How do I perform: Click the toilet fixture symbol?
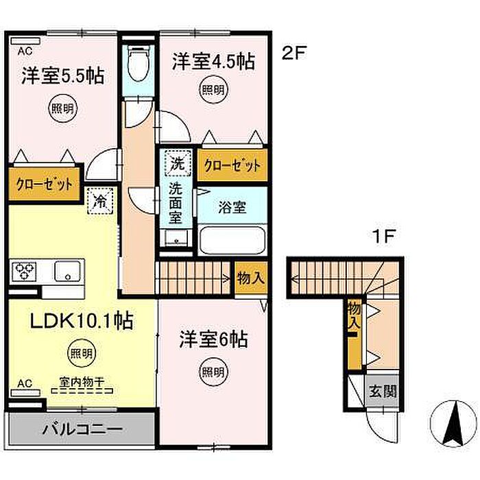point(139,63)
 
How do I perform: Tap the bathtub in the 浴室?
point(232,240)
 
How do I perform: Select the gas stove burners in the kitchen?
point(24,272)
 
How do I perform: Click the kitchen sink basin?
point(67,272)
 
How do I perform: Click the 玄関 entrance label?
point(383,392)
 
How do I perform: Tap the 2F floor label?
point(294,53)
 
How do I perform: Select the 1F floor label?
point(383,237)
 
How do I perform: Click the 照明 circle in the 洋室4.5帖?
point(214,90)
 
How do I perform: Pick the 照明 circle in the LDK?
point(82,353)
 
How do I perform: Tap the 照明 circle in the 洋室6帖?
point(213,372)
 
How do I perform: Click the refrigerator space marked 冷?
point(100,201)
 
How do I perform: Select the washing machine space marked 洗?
point(178,163)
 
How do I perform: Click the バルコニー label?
point(82,429)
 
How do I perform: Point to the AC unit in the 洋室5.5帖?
point(25,41)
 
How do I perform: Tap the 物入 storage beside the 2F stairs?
point(251,278)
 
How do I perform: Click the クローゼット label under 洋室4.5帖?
point(232,166)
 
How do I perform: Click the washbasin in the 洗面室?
point(176,238)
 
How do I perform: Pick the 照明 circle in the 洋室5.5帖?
point(63,108)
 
